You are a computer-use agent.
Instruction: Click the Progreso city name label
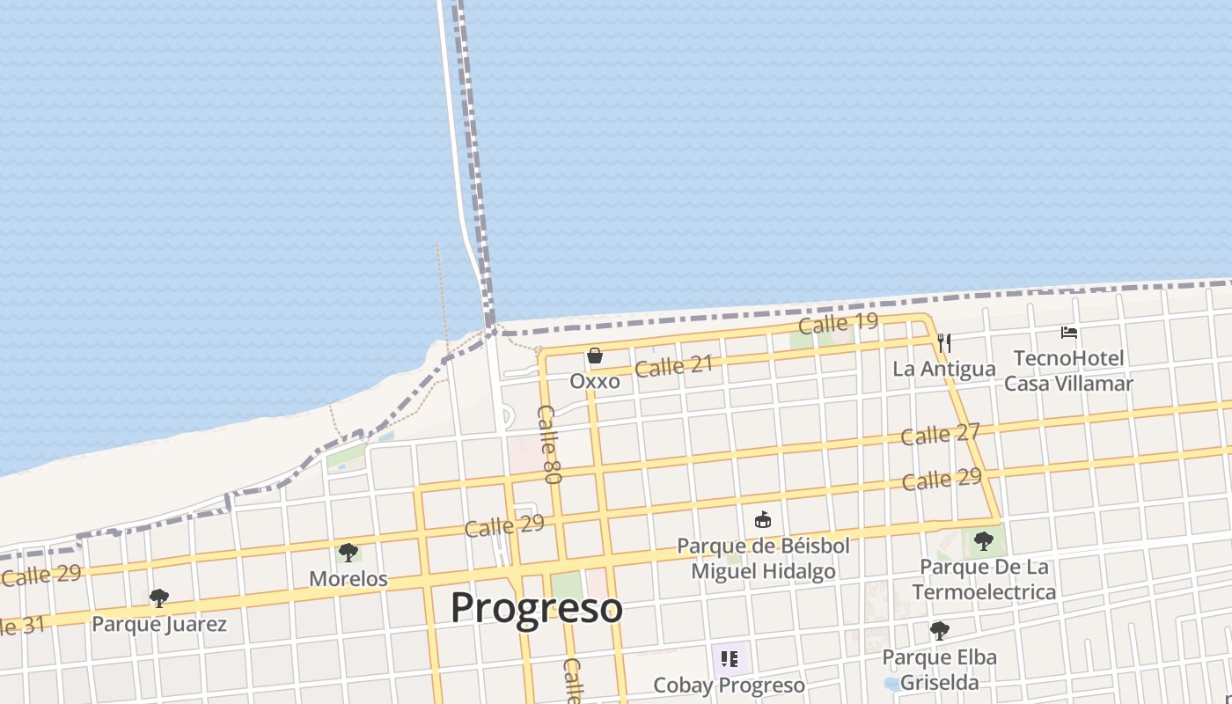(x=537, y=608)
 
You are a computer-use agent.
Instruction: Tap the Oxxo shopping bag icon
(x=595, y=356)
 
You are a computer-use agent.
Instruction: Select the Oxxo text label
(x=595, y=382)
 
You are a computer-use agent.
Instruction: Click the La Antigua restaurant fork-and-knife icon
(x=944, y=342)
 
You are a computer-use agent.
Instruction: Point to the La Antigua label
(x=944, y=369)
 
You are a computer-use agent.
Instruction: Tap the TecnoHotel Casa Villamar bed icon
(x=1069, y=333)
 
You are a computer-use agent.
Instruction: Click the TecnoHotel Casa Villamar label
(x=1068, y=370)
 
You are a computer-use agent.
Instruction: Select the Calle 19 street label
(x=838, y=323)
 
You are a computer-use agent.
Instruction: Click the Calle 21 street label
(x=674, y=366)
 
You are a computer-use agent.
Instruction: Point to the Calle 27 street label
(x=940, y=435)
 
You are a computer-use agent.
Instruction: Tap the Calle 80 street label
(x=550, y=444)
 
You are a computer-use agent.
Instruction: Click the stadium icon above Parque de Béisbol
(x=763, y=520)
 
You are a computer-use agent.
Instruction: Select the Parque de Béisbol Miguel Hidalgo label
(x=763, y=559)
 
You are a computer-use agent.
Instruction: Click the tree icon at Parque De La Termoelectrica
(x=983, y=540)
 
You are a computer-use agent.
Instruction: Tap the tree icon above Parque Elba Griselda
(x=939, y=630)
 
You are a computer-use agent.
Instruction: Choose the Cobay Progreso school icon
(x=729, y=658)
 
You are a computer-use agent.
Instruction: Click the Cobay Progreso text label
(x=729, y=685)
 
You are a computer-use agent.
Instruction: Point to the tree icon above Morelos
(x=348, y=553)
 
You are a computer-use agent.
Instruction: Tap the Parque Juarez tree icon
(x=159, y=598)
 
